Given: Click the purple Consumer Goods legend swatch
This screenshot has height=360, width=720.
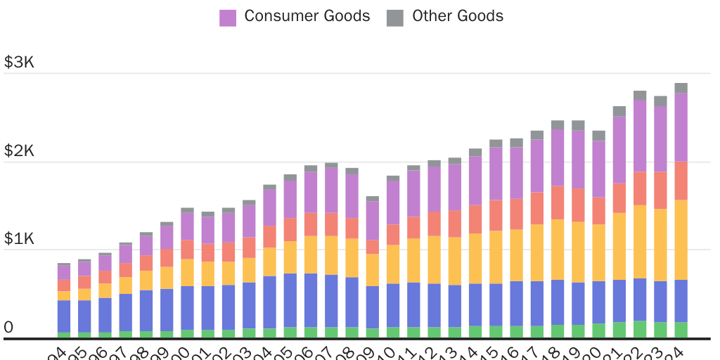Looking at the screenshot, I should (228, 18).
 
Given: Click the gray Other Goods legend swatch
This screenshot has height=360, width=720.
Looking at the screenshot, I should (395, 18).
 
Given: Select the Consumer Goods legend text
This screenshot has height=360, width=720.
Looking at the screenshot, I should (307, 16).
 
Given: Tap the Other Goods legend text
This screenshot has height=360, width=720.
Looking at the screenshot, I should (458, 16).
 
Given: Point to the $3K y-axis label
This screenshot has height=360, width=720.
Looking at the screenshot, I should (19, 63).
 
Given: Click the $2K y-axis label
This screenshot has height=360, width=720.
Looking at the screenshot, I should (19, 151).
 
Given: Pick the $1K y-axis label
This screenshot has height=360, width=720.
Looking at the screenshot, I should (19, 239).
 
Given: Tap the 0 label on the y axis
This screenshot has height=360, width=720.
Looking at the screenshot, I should (8, 327).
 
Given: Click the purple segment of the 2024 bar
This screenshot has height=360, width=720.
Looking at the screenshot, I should (681, 127).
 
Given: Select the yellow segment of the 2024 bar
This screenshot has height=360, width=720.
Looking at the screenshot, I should (681, 240).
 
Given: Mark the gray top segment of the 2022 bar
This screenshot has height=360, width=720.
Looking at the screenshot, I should (640, 95).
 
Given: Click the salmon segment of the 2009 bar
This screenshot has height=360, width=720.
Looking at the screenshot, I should (373, 247).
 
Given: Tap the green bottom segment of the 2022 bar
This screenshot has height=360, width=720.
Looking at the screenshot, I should (640, 329).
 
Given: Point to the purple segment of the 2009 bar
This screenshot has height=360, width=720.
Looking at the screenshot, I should (373, 220).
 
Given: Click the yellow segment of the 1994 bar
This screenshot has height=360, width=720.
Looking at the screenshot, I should (64, 295).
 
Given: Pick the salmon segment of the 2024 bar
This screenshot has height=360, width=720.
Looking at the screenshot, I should (681, 181).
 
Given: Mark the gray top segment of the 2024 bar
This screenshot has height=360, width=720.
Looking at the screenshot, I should (681, 88).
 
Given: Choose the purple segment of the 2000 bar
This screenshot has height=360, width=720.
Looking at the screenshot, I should (187, 226).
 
